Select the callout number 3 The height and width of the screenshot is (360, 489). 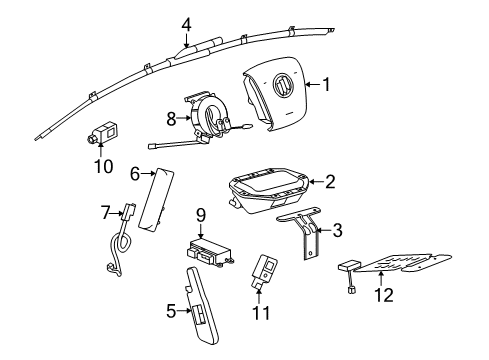pyautogui.click(x=337, y=231)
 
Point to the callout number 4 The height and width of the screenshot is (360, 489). pyautogui.click(x=186, y=24)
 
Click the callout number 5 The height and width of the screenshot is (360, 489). pyautogui.click(x=169, y=311)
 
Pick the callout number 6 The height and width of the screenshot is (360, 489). pyautogui.click(x=134, y=173)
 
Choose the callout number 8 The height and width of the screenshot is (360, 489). pyautogui.click(x=172, y=118)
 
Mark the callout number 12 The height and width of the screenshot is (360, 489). pyautogui.click(x=384, y=295)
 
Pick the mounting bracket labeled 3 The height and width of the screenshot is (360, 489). pyautogui.click(x=304, y=239)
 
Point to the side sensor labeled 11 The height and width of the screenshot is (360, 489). pyautogui.click(x=267, y=269)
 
